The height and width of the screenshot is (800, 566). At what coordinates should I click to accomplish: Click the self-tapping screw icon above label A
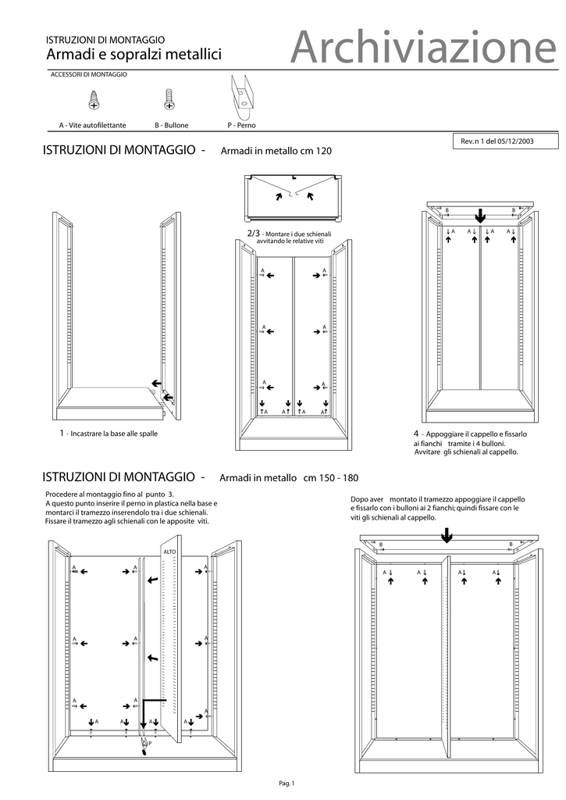pos(94,99)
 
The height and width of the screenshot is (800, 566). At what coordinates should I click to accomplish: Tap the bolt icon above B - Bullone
pos(169,99)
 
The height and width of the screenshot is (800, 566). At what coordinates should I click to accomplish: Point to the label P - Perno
pos(241,125)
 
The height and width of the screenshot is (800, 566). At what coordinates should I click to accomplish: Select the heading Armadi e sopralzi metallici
pos(134,55)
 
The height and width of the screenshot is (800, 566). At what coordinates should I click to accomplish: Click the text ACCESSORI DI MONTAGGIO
pos(88,75)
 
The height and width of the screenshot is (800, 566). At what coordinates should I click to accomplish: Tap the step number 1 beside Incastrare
pos(62,433)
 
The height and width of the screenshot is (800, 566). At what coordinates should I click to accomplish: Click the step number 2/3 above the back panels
pos(253,234)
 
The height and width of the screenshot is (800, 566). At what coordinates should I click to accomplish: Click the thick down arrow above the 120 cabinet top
pos(481,214)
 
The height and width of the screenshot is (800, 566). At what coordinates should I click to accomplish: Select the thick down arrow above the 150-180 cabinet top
pos(446,534)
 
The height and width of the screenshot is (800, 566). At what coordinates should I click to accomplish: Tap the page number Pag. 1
pos(285,783)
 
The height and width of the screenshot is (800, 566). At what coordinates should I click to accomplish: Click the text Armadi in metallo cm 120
pos(277,152)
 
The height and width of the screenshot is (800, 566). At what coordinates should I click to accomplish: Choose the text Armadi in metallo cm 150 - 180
pos(289,478)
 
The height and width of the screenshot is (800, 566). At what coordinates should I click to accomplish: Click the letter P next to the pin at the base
pos(149,743)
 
